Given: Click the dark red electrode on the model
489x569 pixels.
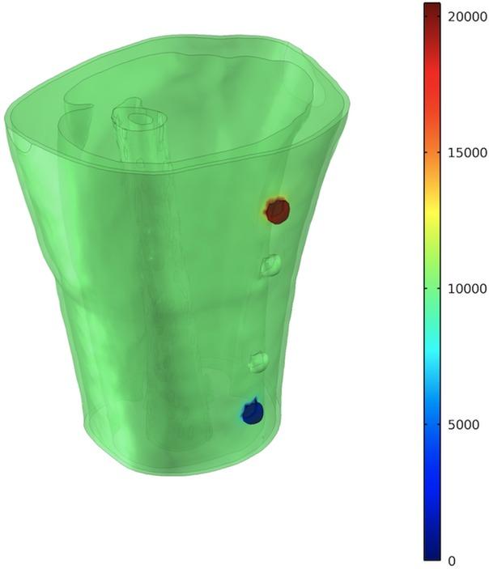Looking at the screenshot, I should click(x=278, y=211).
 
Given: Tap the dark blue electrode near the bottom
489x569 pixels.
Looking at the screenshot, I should click(x=253, y=414).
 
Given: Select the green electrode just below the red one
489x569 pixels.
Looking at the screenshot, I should click(x=270, y=265).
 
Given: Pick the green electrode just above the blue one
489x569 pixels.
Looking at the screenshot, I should click(x=259, y=361).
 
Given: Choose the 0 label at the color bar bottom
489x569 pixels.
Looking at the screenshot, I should click(x=452, y=560).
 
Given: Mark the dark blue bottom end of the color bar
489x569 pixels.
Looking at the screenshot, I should click(x=432, y=554).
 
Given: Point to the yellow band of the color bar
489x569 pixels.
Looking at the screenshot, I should click(x=432, y=206).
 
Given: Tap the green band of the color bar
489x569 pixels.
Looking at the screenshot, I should click(x=432, y=283).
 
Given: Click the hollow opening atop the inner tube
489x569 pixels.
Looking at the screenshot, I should click(x=141, y=119).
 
